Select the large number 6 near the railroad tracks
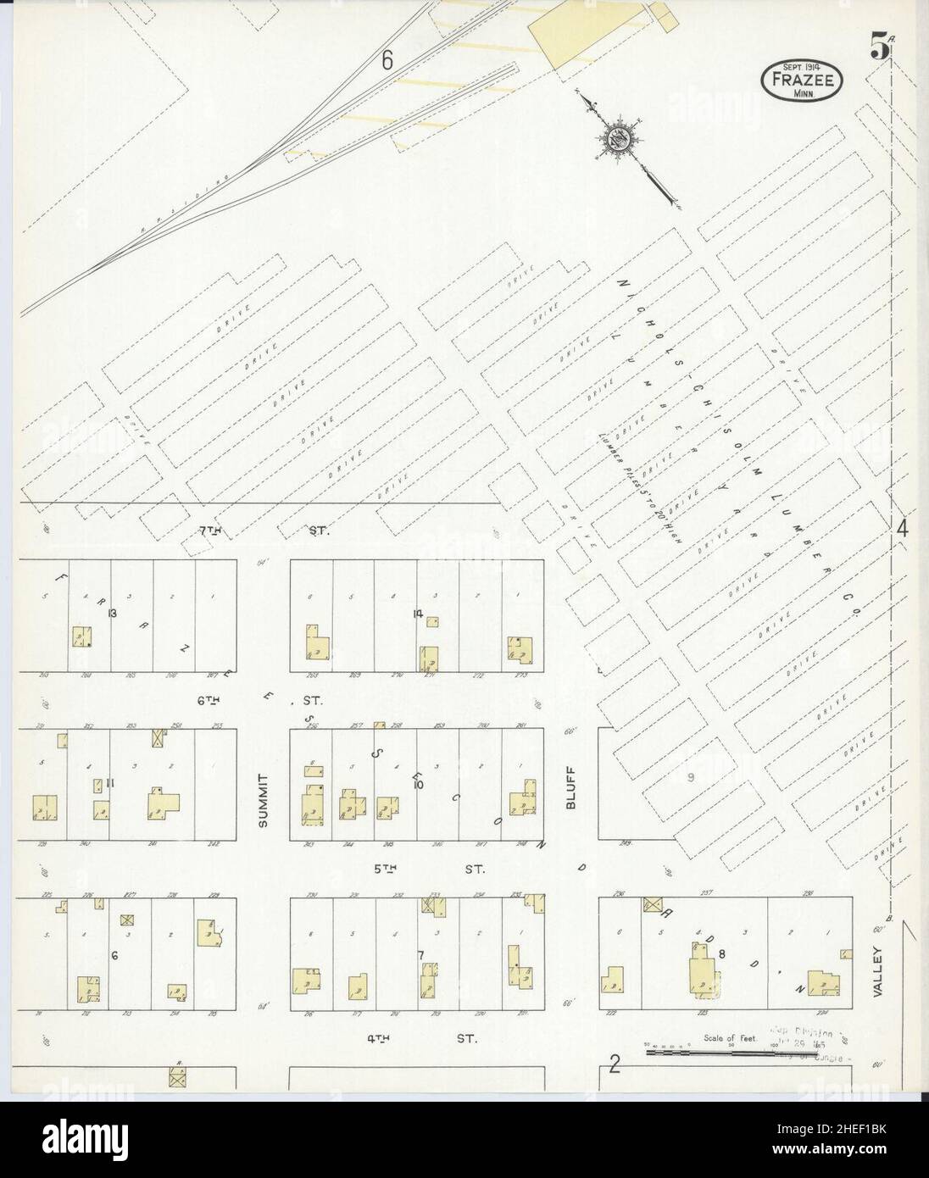point(388,60)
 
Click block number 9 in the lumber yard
point(691,777)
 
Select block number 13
point(111,613)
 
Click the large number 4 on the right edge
point(903,529)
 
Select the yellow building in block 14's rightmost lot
point(519,650)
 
